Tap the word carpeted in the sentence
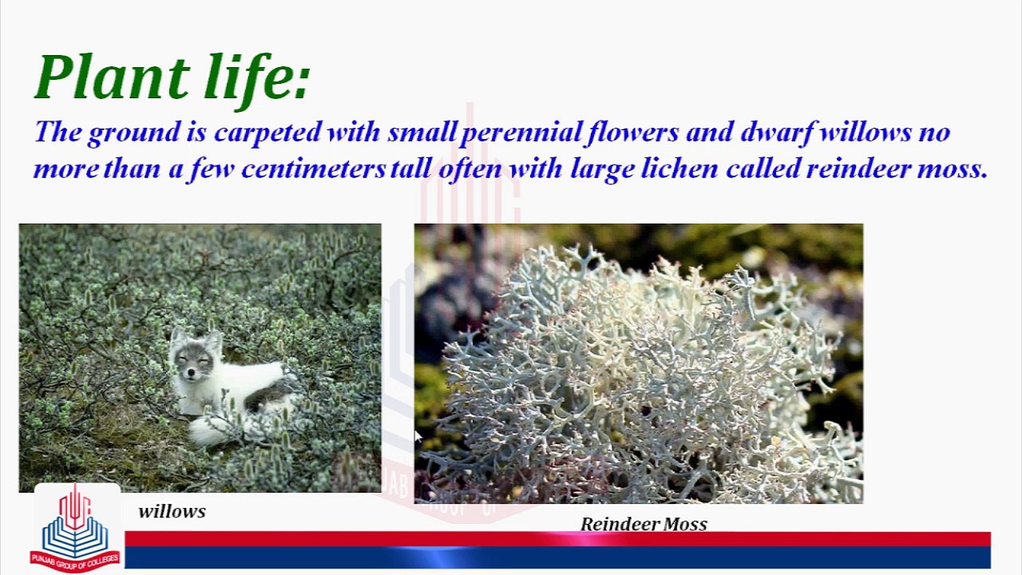(x=267, y=133)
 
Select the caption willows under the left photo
(x=172, y=512)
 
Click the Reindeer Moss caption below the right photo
(x=644, y=525)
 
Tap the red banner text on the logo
(x=76, y=561)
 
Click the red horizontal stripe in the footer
(x=557, y=539)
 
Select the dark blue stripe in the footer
(x=557, y=557)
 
